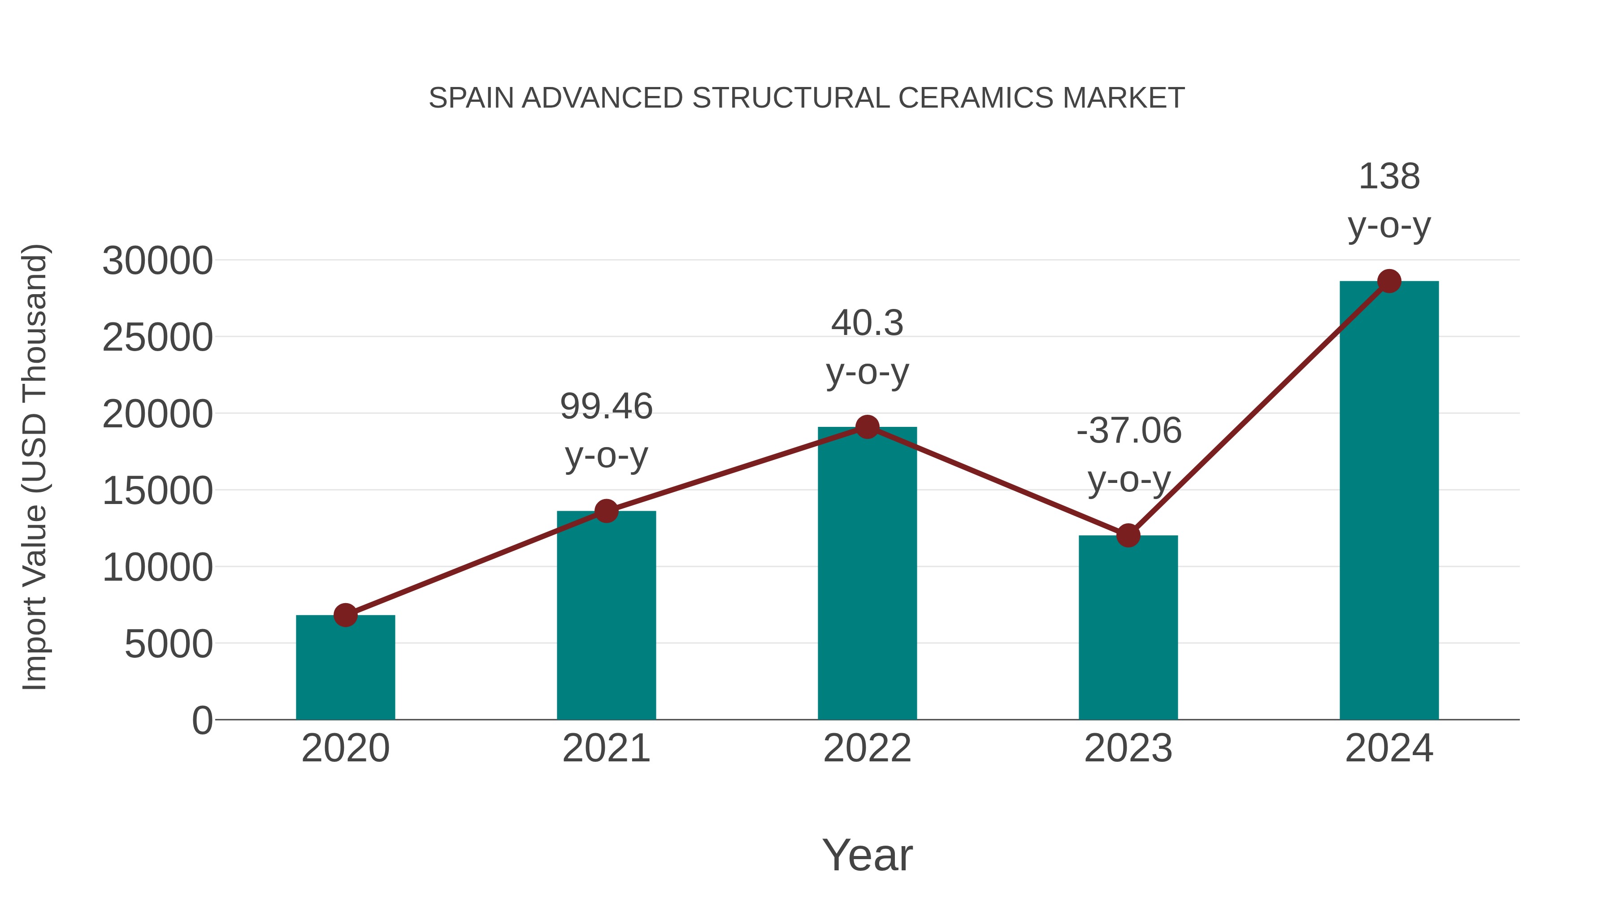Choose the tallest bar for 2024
point(1389,501)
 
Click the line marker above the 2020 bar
point(345,615)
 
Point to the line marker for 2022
point(867,427)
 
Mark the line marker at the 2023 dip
point(1128,536)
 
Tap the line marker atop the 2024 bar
point(1389,281)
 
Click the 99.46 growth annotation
point(606,407)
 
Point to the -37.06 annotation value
point(1128,431)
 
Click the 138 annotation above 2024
point(1389,177)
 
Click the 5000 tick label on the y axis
point(169,644)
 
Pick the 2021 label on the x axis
point(606,748)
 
